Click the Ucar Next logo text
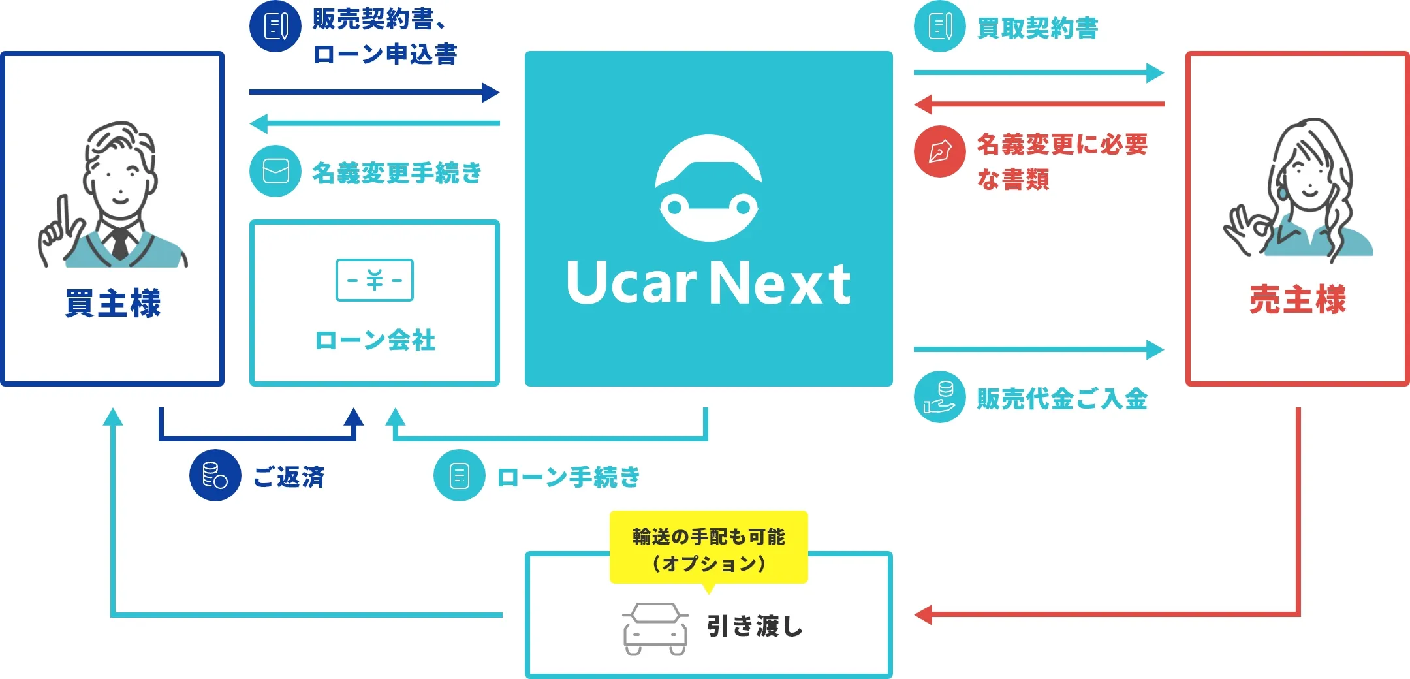[708, 283]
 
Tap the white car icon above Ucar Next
[708, 188]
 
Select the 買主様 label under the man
[112, 303]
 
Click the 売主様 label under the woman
[1298, 300]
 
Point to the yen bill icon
[374, 280]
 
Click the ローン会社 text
[375, 340]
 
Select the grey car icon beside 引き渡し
[655, 629]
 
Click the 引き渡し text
[755, 626]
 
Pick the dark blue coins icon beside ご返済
[215, 475]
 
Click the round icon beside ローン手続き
[459, 475]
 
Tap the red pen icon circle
[939, 151]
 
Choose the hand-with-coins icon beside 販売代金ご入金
[939, 397]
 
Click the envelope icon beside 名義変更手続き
[275, 171]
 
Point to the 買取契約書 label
[1037, 28]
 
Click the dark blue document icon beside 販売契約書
[275, 26]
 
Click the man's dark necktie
[119, 243]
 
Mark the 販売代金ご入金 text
[1061, 399]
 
